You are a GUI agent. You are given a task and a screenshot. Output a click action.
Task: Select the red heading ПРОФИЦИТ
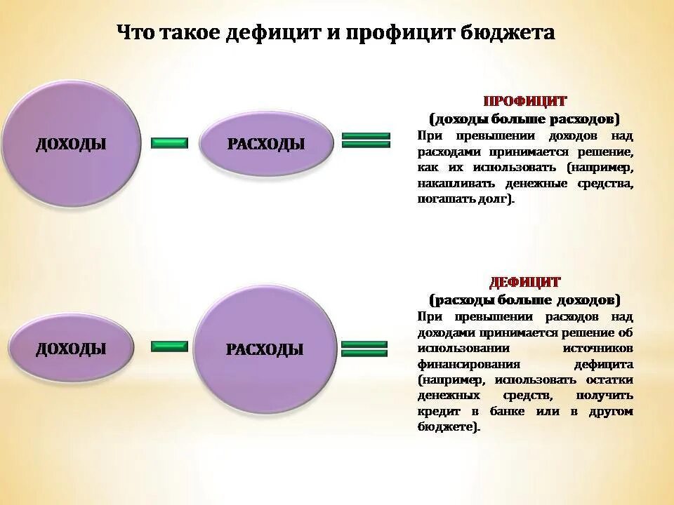pyautogui.click(x=525, y=101)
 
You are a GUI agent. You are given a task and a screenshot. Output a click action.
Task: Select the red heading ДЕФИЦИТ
pyautogui.click(x=525, y=283)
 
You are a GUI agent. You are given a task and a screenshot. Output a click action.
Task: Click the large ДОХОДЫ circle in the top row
pyautogui.click(x=71, y=144)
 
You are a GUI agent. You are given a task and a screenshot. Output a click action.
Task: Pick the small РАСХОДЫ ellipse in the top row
pyautogui.click(x=265, y=144)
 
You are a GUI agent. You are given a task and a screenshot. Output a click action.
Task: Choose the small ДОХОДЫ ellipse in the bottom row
pyautogui.click(x=71, y=348)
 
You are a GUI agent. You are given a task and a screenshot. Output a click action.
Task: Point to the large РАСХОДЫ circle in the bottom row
pyautogui.click(x=265, y=349)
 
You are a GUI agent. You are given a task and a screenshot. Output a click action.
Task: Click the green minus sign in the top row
pyautogui.click(x=169, y=143)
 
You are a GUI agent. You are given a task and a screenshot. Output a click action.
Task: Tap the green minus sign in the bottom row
pyautogui.click(x=169, y=346)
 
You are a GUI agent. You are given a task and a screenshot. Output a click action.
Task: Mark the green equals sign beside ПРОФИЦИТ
pyautogui.click(x=365, y=140)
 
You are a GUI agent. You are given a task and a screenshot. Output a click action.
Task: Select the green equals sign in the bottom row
pyautogui.click(x=364, y=348)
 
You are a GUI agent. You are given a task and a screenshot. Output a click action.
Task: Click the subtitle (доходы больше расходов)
pyautogui.click(x=525, y=117)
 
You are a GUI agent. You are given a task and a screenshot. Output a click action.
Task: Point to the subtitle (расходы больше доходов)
pyautogui.click(x=525, y=300)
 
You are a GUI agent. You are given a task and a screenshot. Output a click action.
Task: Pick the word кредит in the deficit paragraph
pyautogui.click(x=437, y=412)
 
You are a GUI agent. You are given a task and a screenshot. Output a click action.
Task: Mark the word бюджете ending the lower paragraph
pyautogui.click(x=447, y=427)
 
